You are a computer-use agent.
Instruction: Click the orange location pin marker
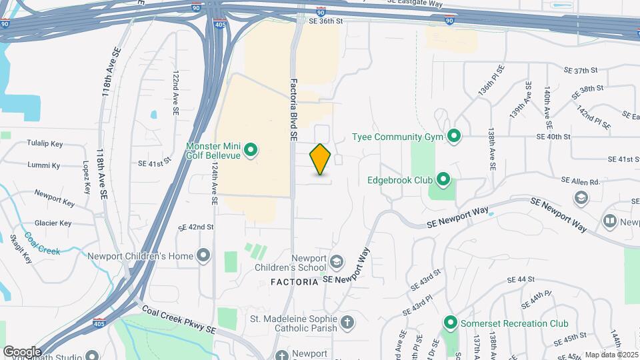321,159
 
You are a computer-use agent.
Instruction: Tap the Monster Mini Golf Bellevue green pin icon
251,150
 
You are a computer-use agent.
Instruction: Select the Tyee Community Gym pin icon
455,137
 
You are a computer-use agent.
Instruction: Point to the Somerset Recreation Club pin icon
450,323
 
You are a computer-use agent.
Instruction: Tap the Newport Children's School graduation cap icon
337,261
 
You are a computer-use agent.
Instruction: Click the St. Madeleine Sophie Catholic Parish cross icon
347,323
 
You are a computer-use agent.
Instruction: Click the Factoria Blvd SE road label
293,110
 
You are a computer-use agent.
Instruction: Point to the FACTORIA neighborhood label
295,282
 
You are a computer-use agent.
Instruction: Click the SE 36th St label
325,21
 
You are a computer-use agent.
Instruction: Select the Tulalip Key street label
45,143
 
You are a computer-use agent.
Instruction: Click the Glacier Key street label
53,223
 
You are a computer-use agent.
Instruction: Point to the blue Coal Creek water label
42,243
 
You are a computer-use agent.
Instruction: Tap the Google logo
22,351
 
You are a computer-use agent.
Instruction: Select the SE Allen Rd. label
581,181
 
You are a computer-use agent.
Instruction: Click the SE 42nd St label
195,227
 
